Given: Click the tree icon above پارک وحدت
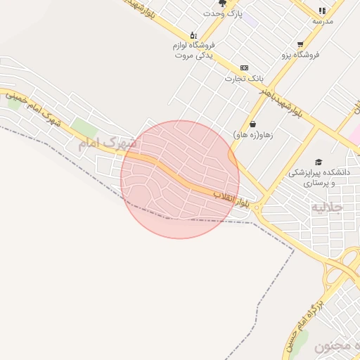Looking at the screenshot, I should (x=223, y=3).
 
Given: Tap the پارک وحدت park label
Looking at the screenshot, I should (x=223, y=13).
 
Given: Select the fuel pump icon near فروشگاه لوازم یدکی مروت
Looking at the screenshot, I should (x=193, y=34).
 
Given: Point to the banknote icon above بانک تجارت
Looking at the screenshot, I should (x=244, y=67).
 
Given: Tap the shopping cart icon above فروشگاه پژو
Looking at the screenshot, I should (x=300, y=43).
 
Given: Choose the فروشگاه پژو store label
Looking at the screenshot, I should (x=301, y=53).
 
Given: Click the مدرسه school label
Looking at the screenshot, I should (x=323, y=20).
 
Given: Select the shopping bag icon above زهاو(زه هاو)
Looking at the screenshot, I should (x=252, y=124).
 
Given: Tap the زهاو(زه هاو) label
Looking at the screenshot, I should (x=252, y=134).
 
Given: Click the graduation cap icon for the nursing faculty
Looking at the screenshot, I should (x=319, y=162).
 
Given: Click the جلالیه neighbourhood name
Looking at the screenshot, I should (x=327, y=207).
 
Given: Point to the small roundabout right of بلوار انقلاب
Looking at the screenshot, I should (x=259, y=206).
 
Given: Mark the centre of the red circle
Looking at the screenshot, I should (x=180, y=179).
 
